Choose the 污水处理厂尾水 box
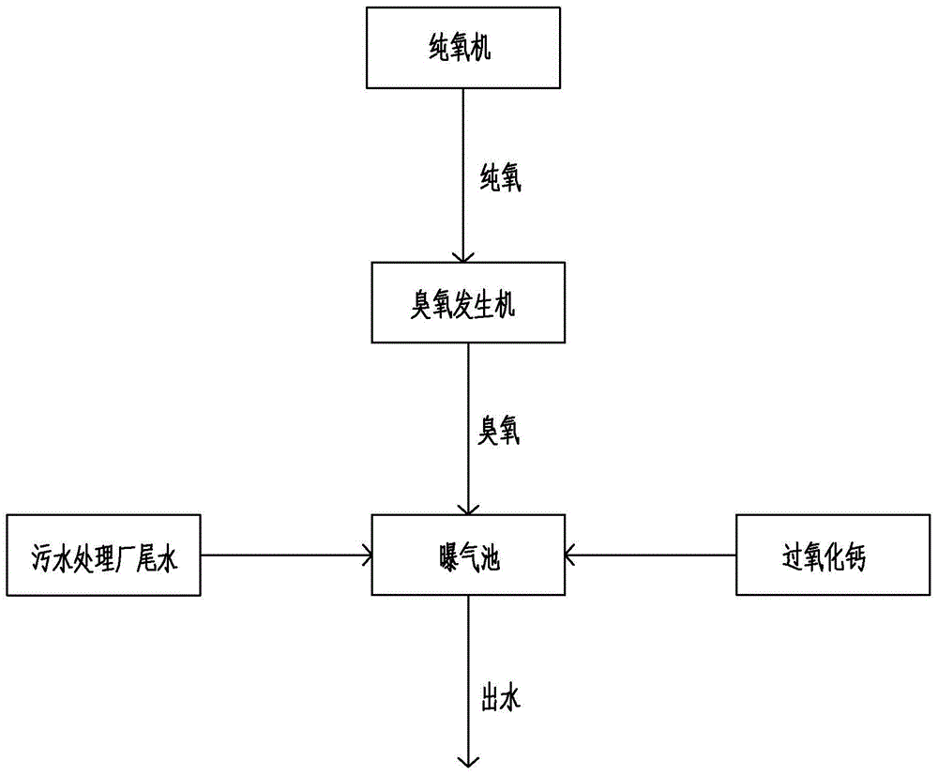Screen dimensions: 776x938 pyautogui.click(x=103, y=555)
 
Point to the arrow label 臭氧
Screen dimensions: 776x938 pyautogui.click(x=494, y=430)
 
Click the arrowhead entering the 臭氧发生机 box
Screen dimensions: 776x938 pyautogui.click(x=461, y=255)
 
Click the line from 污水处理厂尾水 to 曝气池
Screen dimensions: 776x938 pyautogui.click(x=281, y=555)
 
